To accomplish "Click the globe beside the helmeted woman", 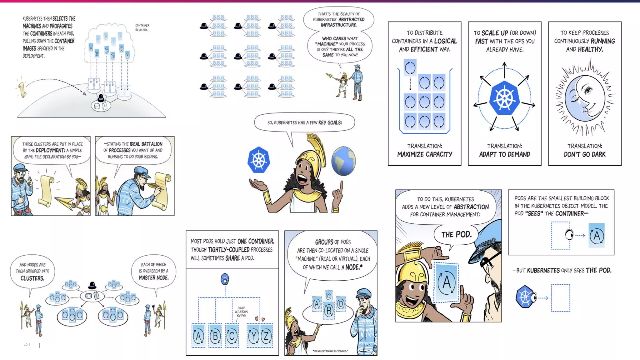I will coord(343,161).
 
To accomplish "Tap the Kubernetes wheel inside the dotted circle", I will coord(504,98).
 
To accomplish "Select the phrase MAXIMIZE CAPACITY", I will coord(425,154).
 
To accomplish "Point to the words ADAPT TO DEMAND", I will coord(505,154).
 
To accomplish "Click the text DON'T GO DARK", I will coord(585,154).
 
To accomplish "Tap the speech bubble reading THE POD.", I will coord(456,235).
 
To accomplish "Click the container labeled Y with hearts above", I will coord(253,336).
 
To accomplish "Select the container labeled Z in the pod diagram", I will coord(266,336).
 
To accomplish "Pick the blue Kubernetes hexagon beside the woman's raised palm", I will coord(258,160).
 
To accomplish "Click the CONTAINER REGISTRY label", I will coord(142,27).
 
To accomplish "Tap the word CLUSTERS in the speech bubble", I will coord(32,278).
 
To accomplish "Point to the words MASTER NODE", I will coord(153,277).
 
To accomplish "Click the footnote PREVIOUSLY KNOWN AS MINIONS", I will coord(330,351).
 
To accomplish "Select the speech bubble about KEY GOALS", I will coord(304,122).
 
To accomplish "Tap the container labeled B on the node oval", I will coord(329,311).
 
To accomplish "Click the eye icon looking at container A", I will coord(569,235).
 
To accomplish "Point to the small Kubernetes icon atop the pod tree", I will coord(225,279).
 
